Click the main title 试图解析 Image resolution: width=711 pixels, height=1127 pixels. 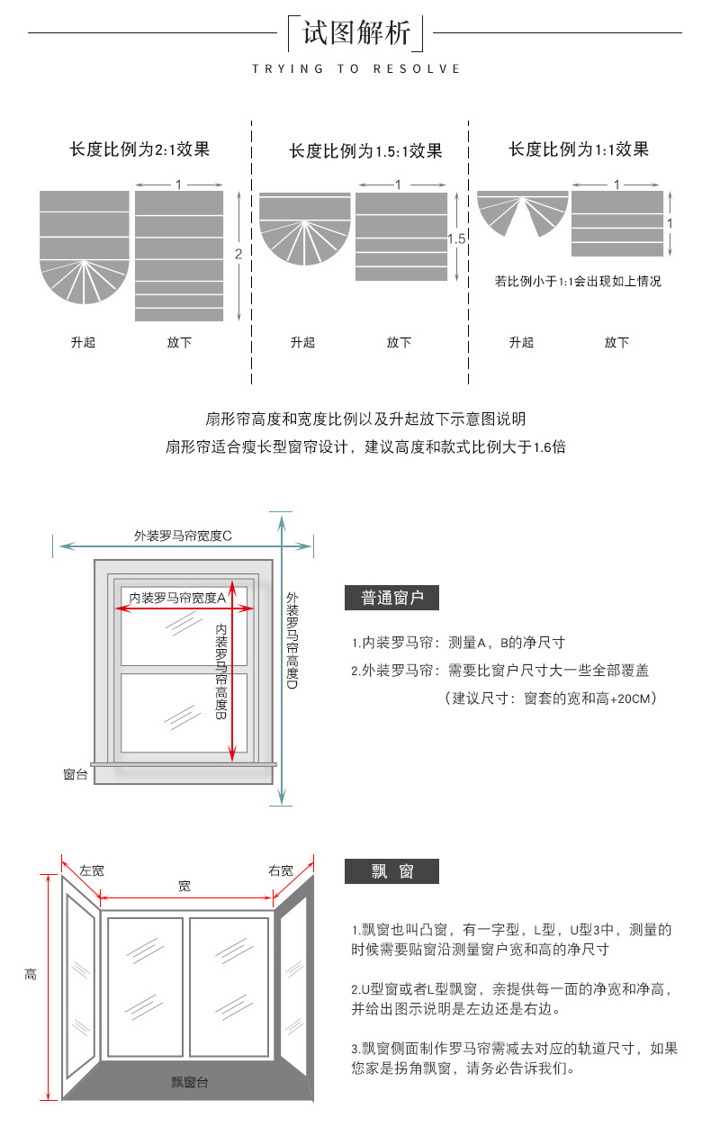coord(356,33)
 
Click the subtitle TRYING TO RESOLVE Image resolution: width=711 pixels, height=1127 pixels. coord(356,68)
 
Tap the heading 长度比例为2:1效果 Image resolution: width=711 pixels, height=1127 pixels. coord(139,149)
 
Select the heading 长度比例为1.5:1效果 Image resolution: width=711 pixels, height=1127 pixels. coord(365,150)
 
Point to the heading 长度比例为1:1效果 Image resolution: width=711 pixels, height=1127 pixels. coord(579,149)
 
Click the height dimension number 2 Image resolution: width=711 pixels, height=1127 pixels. coord(238,255)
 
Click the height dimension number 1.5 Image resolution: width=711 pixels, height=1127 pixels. coord(456,239)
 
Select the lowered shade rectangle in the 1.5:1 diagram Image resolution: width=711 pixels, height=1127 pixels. coord(400,237)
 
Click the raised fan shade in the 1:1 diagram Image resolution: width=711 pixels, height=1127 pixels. coord(522,211)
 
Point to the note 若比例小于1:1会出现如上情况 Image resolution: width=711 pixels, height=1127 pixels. coord(578,282)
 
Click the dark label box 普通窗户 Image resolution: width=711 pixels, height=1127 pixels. coord(391,598)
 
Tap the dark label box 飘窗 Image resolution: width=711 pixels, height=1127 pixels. coord(391,870)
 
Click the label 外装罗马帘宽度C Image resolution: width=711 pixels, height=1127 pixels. coord(184,536)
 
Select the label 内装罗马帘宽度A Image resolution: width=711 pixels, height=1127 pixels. coord(177,597)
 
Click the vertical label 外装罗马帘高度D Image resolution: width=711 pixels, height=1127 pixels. coord(292,640)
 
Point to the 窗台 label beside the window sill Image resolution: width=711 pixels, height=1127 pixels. coord(76,774)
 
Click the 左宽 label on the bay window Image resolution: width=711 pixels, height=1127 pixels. coord(92,870)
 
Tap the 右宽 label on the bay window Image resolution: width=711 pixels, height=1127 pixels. coord(281,870)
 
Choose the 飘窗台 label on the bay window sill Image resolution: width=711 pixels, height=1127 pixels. coord(190,1082)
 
